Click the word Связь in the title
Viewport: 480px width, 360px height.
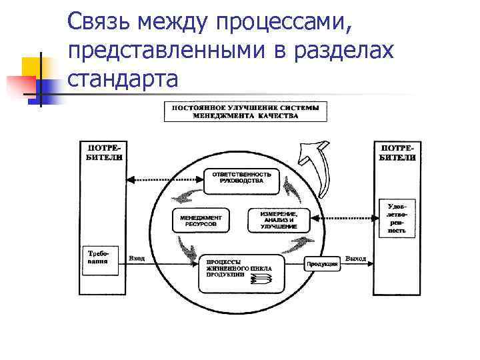click(x=100, y=22)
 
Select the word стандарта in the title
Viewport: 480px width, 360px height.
click(x=123, y=79)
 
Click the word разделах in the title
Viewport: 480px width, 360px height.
click(x=338, y=51)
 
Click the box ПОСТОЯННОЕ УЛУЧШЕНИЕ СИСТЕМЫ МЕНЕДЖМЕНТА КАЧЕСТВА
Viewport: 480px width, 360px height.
click(x=245, y=111)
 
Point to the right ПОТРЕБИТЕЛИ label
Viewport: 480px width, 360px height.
click(x=397, y=152)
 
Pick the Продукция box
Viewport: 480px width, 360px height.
click(x=323, y=264)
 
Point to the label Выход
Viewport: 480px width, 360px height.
click(x=355, y=257)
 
